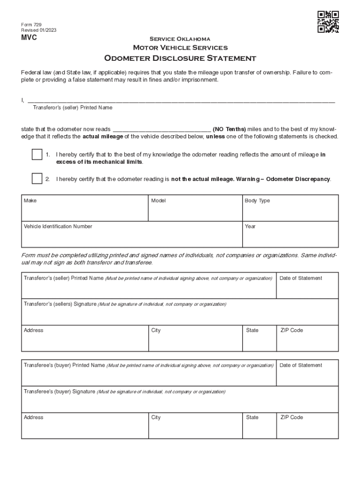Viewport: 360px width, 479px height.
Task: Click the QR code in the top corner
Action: (x=328, y=22)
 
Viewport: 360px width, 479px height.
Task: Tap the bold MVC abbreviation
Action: (x=29, y=38)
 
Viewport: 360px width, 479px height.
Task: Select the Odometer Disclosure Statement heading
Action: (x=180, y=58)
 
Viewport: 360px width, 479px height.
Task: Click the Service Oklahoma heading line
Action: (x=180, y=39)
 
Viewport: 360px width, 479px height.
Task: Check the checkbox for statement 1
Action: (x=37, y=154)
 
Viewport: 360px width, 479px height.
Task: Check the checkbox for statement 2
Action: (x=37, y=179)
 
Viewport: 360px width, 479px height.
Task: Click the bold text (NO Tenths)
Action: (x=229, y=129)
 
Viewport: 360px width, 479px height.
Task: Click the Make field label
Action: (x=30, y=201)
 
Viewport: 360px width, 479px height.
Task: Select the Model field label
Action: (x=158, y=201)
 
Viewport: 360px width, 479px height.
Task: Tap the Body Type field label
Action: (x=257, y=201)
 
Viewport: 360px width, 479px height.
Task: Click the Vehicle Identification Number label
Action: (x=58, y=226)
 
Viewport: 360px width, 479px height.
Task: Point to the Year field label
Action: (x=250, y=226)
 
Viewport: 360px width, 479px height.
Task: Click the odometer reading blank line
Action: (x=162, y=130)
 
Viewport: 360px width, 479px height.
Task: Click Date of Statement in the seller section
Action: (x=301, y=278)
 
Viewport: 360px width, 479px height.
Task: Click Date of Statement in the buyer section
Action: (x=301, y=365)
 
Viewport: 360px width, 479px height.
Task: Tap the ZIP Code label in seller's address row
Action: (x=291, y=330)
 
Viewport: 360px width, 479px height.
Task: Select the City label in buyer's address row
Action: (x=156, y=417)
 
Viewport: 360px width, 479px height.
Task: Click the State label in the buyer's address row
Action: (x=252, y=417)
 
